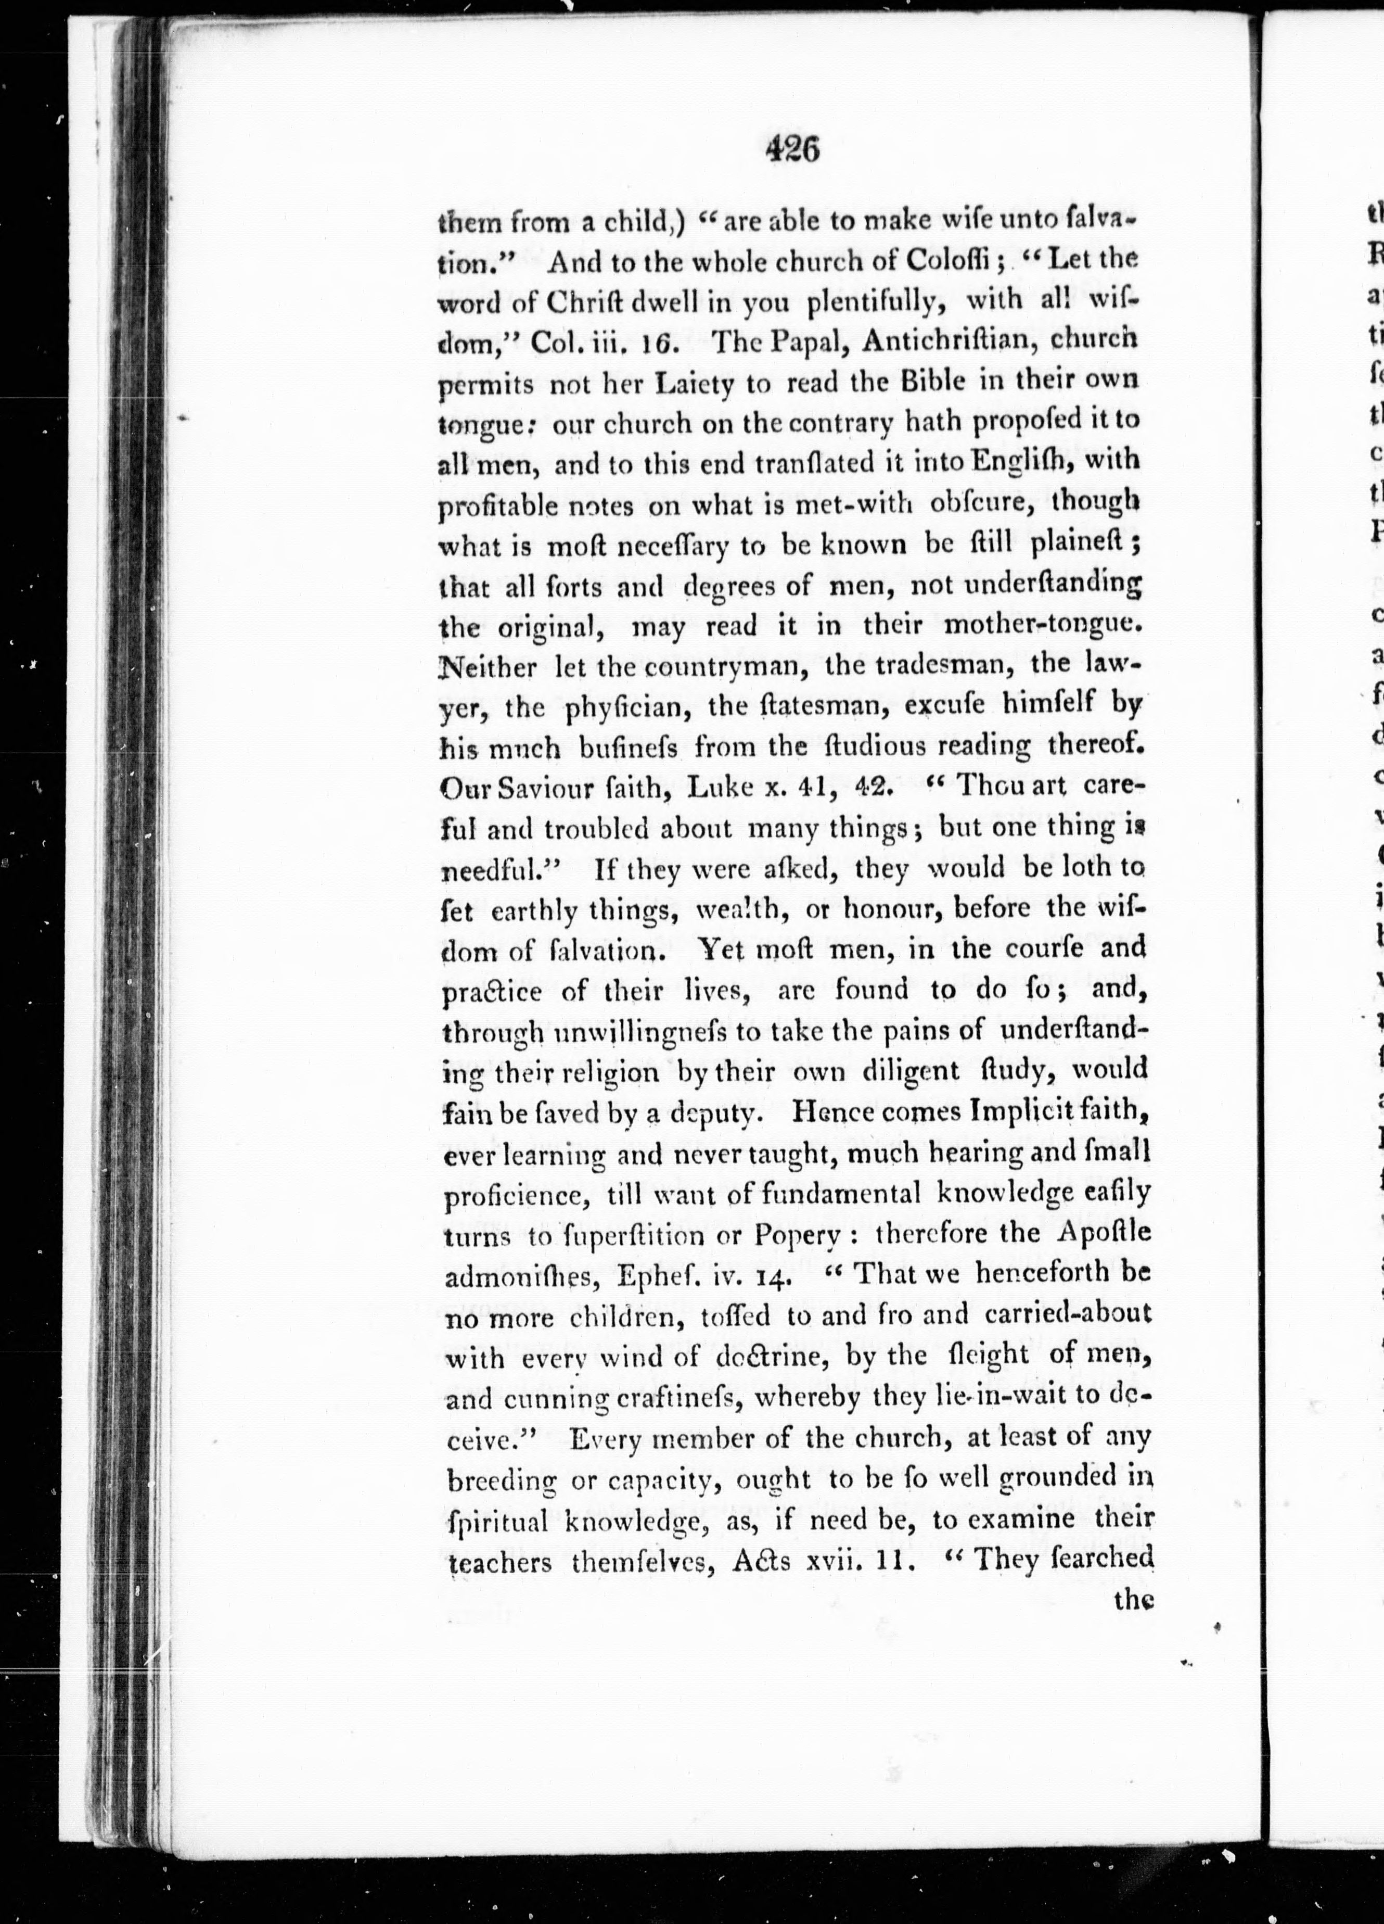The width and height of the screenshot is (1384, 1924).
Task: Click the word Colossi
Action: [955, 261]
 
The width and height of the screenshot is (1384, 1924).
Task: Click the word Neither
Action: [489, 668]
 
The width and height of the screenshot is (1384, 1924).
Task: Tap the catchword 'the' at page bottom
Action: [1134, 1601]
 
